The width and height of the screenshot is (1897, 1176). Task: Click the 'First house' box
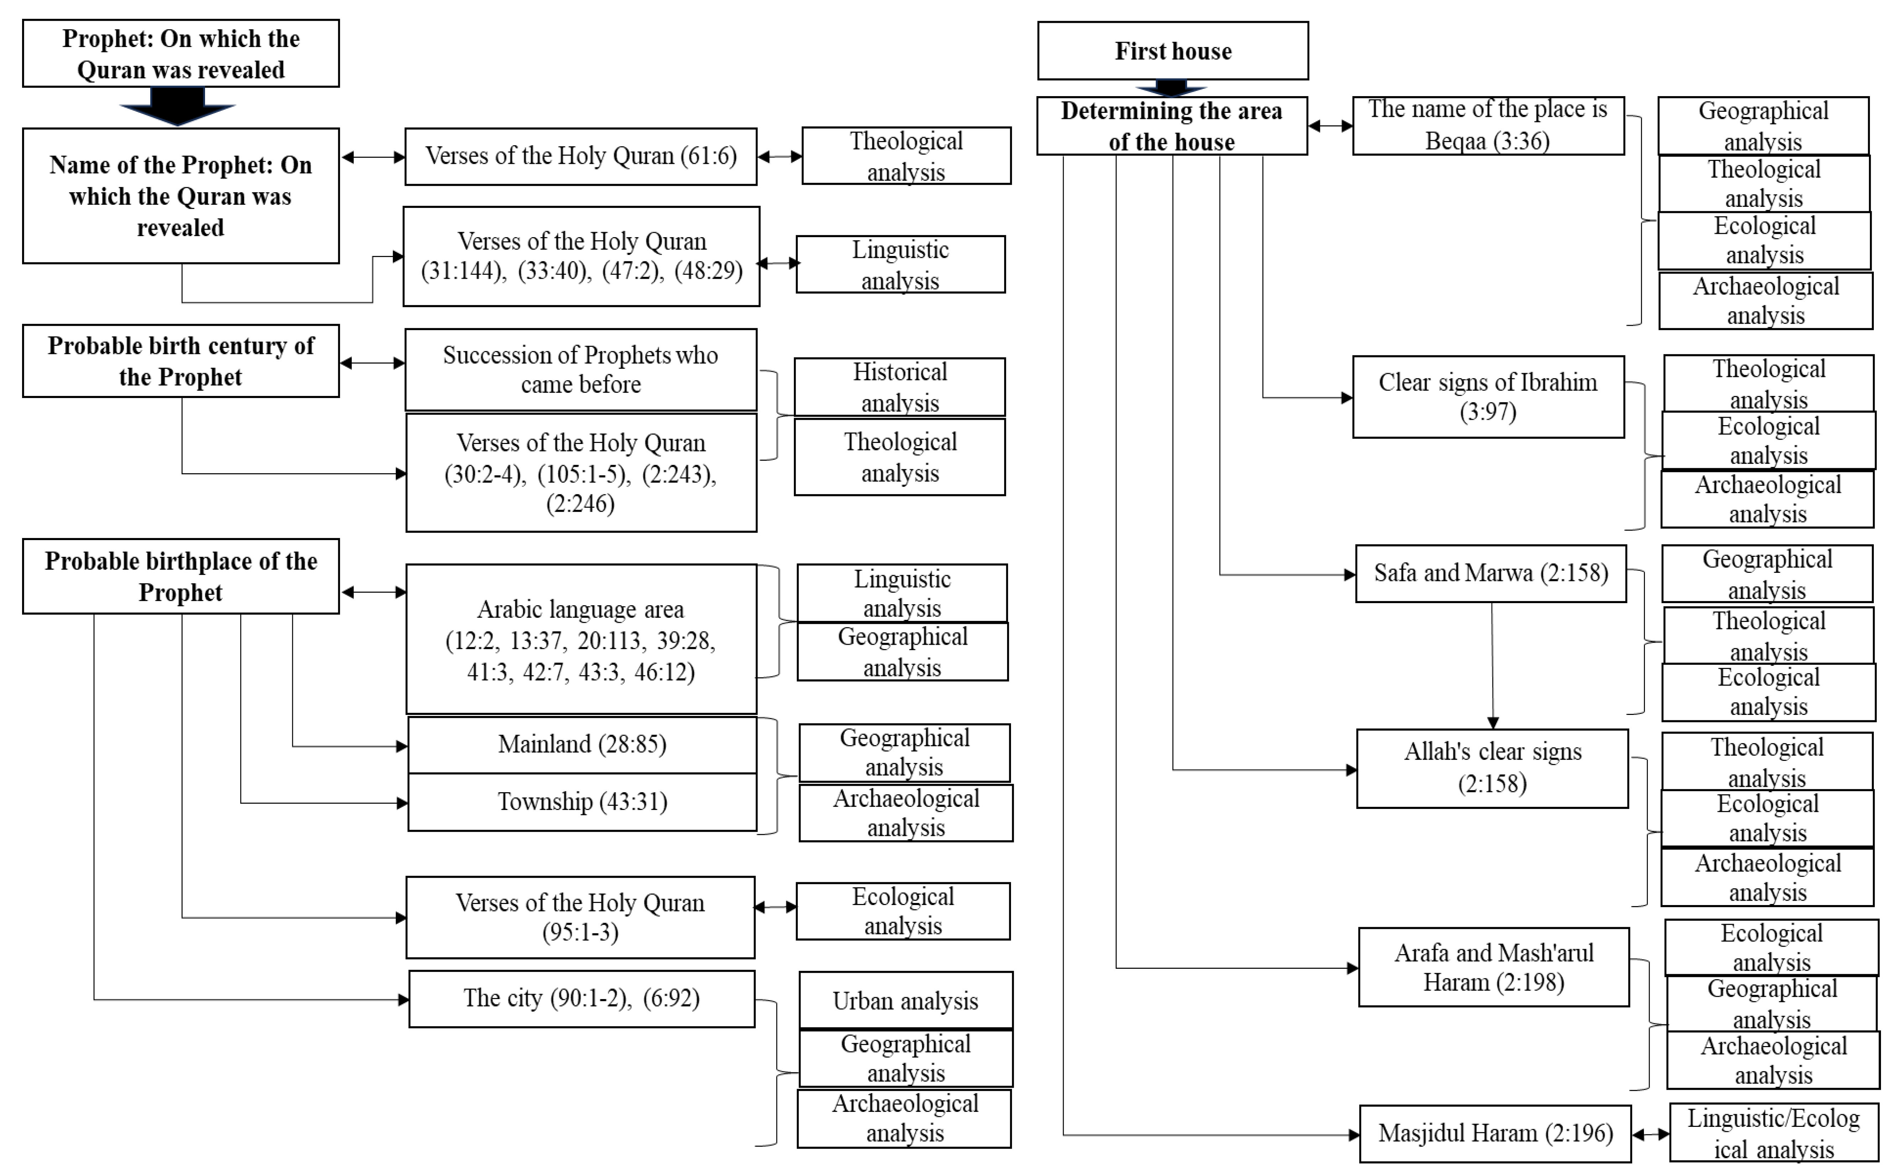tap(1172, 51)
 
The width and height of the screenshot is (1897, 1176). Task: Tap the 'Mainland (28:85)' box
tap(582, 744)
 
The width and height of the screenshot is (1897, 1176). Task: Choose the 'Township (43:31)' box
tap(582, 802)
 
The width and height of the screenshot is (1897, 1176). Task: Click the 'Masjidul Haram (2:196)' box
tap(1494, 1133)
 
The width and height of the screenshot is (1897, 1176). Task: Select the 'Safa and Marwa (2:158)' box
tap(1490, 573)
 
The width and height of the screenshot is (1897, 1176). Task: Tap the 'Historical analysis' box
tap(900, 387)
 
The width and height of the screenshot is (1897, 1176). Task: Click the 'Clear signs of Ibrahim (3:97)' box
tap(1488, 397)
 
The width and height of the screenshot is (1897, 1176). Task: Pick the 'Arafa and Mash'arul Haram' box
tap(1493, 967)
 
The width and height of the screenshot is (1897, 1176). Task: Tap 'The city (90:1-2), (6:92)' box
tap(582, 999)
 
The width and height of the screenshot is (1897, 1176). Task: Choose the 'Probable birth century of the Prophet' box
tap(180, 361)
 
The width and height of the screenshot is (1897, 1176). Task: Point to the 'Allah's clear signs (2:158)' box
tap(1492, 768)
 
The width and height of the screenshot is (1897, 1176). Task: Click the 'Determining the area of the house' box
tap(1172, 126)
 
